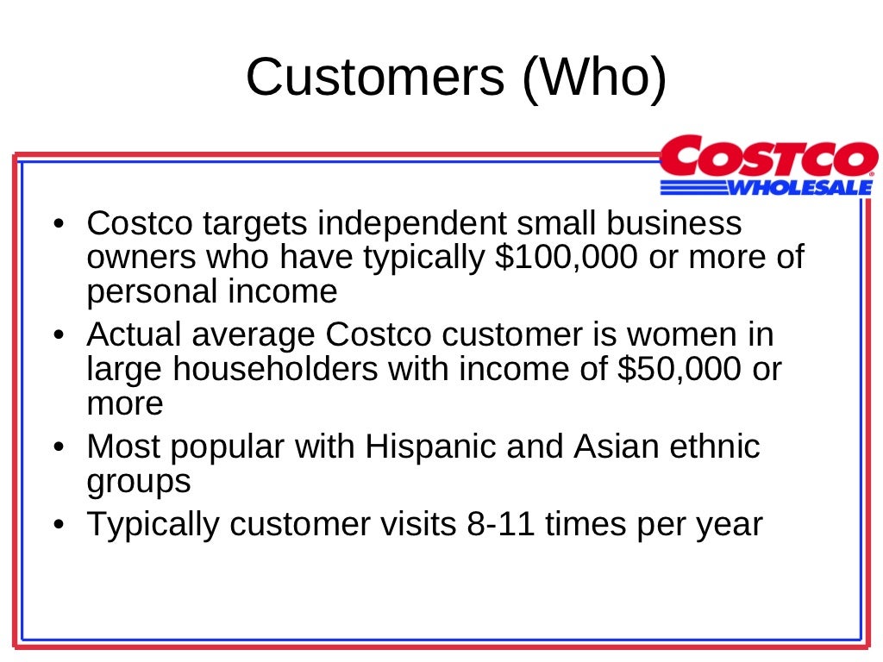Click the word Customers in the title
pyautogui.click(x=375, y=77)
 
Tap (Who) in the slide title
pyautogui.click(x=594, y=77)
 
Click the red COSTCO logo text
pyautogui.click(x=768, y=159)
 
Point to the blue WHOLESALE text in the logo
pyautogui.click(x=801, y=186)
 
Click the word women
pyautogui.click(x=684, y=335)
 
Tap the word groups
pyautogui.click(x=139, y=482)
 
